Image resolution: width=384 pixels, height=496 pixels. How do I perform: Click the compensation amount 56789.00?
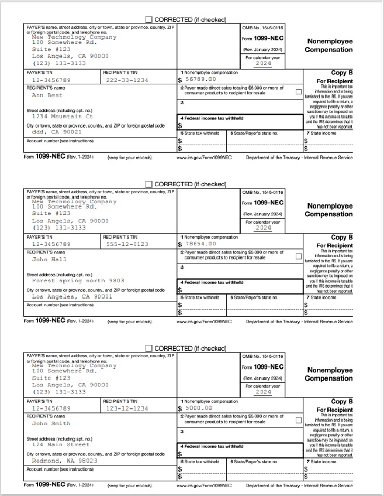click(200, 79)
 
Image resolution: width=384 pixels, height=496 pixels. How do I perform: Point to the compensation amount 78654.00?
click(200, 244)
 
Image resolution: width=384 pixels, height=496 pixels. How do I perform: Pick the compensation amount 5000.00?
click(199, 408)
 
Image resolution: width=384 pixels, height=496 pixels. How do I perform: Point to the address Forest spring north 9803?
click(78, 281)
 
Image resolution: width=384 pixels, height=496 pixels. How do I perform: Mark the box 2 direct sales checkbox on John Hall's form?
click(299, 256)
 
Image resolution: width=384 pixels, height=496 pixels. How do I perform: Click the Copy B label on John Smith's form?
click(342, 401)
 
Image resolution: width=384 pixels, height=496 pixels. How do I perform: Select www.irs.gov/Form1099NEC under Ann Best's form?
click(204, 158)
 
